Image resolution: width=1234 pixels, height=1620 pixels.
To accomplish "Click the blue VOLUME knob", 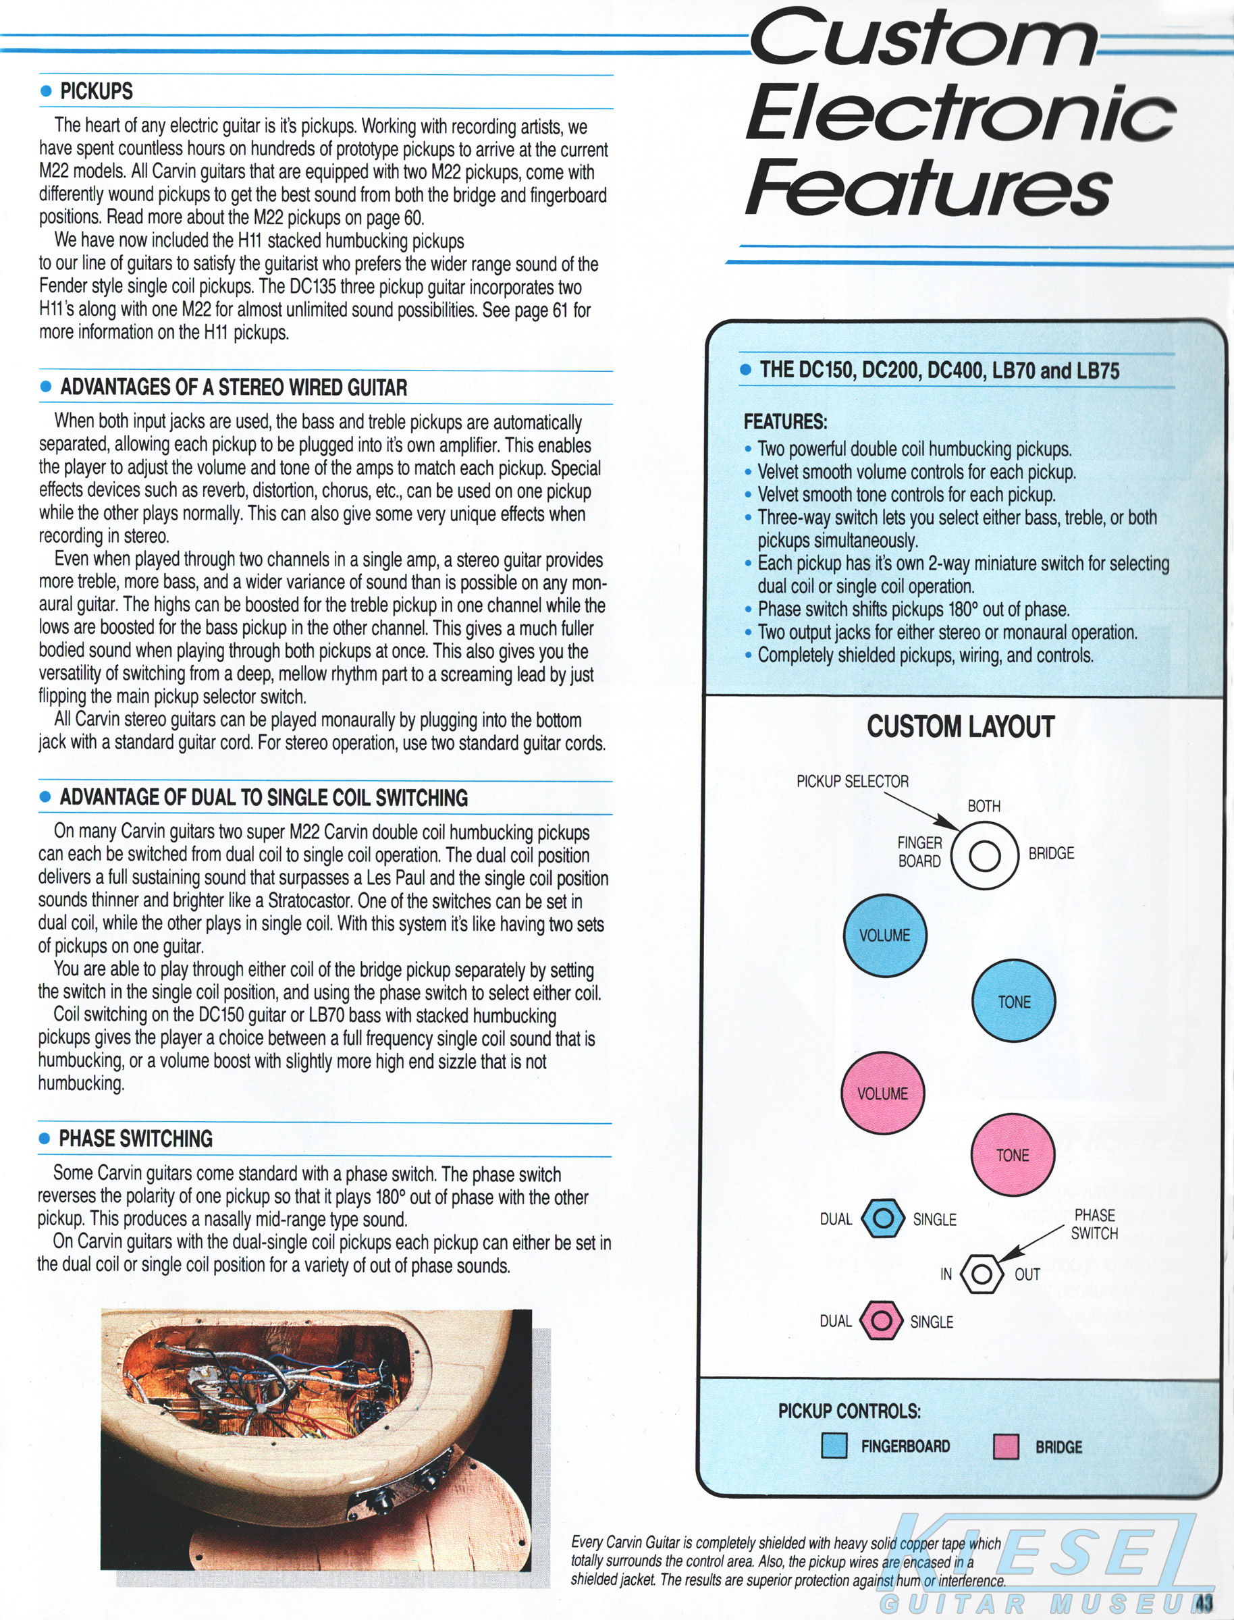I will pos(884,935).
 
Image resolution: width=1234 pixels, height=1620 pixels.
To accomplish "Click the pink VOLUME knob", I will pos(882,1093).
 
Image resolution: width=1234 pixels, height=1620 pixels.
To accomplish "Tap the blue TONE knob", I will pos(1014,1001).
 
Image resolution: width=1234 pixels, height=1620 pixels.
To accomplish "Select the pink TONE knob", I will pos(1012,1155).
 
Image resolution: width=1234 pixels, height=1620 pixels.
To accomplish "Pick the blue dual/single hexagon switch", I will pos(882,1218).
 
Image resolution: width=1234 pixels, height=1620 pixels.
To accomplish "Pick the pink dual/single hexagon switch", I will pos(881,1321).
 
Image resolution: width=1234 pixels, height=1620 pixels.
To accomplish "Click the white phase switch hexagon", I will pos(981,1274).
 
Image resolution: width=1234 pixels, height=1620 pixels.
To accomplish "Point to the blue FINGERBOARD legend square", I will pos(834,1446).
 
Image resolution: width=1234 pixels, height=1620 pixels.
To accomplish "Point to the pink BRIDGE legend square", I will pos(1006,1447).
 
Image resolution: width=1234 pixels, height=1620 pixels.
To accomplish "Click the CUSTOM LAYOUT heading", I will pos(960,727).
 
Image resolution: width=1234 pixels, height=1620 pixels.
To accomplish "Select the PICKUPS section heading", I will pos(97,92).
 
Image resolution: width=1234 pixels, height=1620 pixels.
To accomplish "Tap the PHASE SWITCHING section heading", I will pos(136,1139).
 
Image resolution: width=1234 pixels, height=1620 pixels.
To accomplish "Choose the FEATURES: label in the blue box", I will pos(785,421).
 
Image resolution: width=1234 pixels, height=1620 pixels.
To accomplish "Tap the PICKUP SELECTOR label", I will pos(852,782).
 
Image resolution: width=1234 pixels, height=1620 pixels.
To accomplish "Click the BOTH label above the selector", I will pos(984,807).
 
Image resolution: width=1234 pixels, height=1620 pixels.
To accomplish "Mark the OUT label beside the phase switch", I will pos(1027,1275).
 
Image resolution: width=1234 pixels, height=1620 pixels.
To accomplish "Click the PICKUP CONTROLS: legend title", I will pos(849,1411).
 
